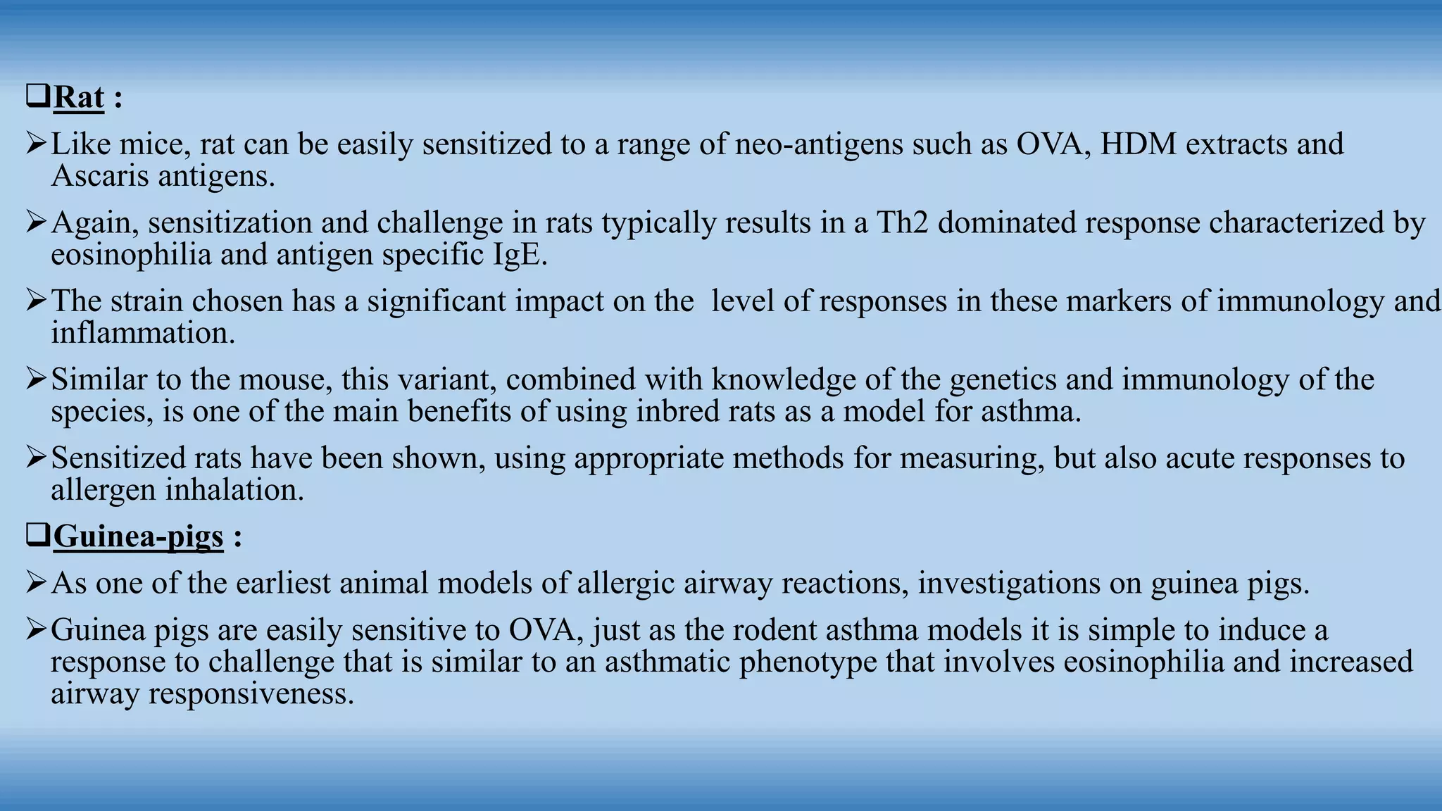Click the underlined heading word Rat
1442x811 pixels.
[79, 97]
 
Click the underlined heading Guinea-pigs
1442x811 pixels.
[138, 536]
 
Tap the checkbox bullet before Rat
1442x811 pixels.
[37, 96]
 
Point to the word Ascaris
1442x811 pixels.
[99, 176]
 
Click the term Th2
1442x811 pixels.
[902, 223]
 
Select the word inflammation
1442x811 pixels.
[143, 333]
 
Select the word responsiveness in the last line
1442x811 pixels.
[251, 694]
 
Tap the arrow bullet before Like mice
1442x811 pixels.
[36, 144]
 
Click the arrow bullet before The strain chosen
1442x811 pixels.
[36, 301]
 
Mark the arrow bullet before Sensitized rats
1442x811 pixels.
[36, 458]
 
